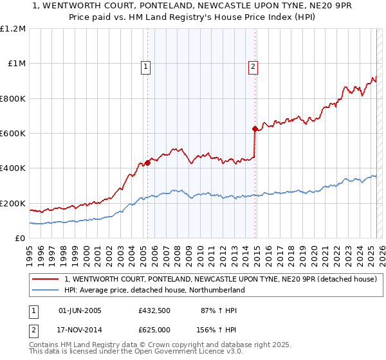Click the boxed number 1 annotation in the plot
pos(146,66)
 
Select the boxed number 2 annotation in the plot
pos(253,66)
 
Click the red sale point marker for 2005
pos(148,163)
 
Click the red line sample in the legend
pos(46,280)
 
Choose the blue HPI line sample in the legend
pos(46,290)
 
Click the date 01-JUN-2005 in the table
pos(80,310)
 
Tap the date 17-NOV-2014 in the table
pos(80,328)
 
